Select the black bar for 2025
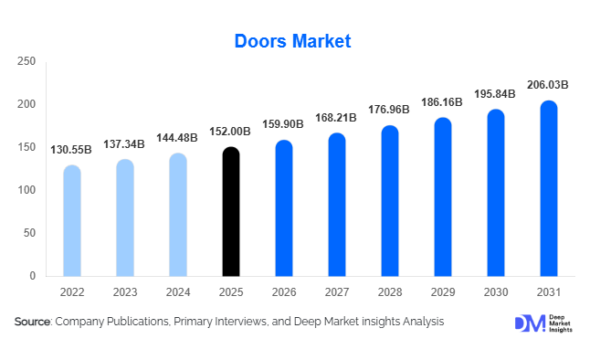coord(231,211)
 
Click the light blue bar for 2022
coord(71,220)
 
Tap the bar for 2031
coord(548,188)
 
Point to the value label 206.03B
coord(548,85)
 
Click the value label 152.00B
coord(231,132)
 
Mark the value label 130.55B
coord(71,149)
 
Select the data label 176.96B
coord(390,111)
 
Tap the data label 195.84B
coord(496,94)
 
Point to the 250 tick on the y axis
coord(26,61)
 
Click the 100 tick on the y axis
coord(26,190)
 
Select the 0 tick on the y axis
coord(33,276)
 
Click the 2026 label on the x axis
coord(284,293)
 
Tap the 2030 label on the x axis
coord(496,293)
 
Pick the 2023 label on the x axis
coord(125,293)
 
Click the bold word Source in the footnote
coord(33,322)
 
